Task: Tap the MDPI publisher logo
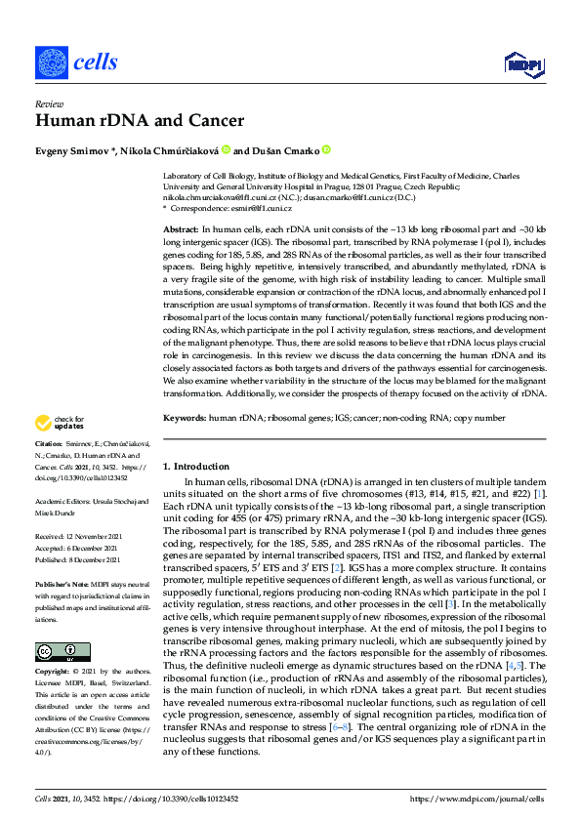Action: [522, 63]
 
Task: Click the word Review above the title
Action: [47, 103]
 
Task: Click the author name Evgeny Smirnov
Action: [74, 150]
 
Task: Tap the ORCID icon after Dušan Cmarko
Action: [326, 150]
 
